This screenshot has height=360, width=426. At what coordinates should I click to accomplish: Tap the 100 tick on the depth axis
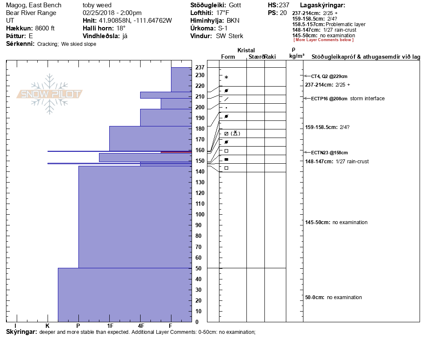tap(200, 214)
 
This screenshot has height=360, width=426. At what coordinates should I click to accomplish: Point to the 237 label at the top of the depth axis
tap(200, 67)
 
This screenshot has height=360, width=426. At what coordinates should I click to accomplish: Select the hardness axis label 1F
tap(110, 326)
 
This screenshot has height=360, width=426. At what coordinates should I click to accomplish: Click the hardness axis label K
tap(48, 326)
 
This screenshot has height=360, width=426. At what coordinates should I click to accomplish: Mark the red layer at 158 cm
tap(176, 152)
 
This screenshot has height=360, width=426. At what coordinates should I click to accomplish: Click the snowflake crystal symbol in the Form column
tap(226, 77)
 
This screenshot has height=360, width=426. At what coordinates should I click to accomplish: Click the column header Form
tap(228, 57)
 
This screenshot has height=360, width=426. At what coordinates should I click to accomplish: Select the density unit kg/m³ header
tap(297, 56)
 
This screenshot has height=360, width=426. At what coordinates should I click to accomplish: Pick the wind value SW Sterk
tap(229, 36)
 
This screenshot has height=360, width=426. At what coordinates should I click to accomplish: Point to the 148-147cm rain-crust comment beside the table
tap(337, 162)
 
